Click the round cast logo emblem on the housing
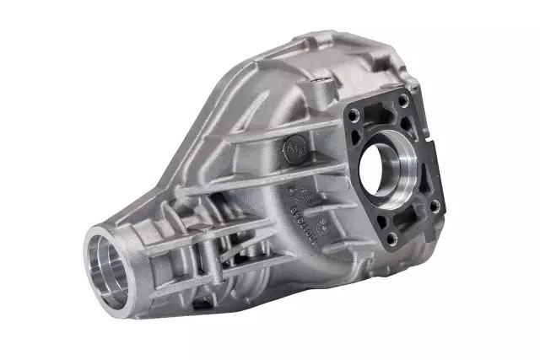(x=294, y=145)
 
